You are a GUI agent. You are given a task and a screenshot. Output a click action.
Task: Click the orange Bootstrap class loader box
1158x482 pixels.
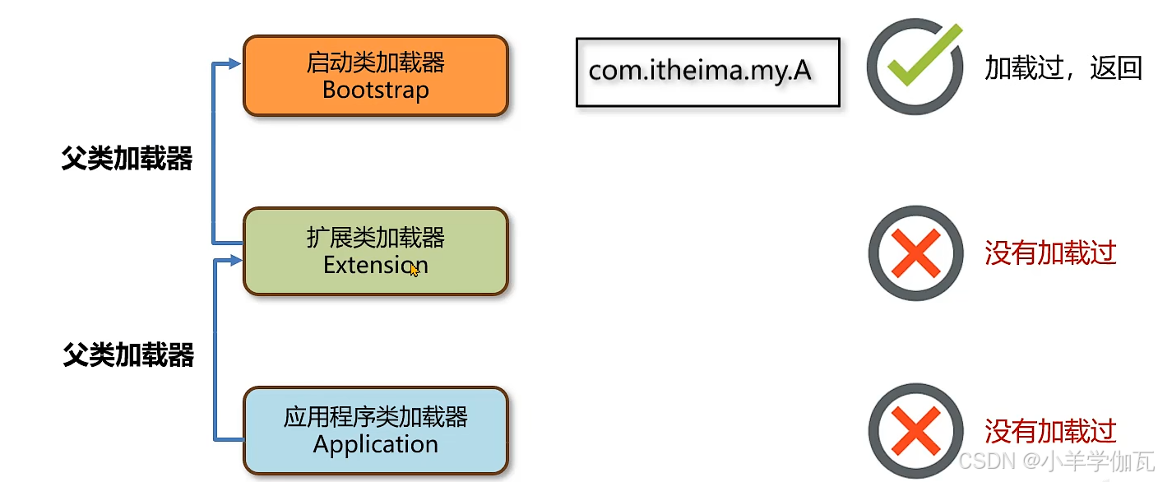pos(375,75)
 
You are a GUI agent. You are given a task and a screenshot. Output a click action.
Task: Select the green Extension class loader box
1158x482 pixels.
pos(375,251)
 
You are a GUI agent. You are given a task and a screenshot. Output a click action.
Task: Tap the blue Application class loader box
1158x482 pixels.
pos(375,430)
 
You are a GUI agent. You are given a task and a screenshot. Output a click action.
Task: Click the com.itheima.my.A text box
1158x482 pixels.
pos(707,72)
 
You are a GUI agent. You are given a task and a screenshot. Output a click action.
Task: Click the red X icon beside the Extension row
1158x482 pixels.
pos(915,253)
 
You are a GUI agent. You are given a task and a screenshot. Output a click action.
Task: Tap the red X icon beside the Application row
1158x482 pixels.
pos(915,431)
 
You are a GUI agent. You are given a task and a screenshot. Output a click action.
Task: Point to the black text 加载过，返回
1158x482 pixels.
pos(1063,68)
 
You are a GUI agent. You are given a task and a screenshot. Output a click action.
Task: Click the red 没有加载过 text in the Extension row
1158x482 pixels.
pos(1050,253)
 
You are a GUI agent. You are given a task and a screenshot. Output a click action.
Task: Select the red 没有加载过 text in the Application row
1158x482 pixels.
pos(1050,430)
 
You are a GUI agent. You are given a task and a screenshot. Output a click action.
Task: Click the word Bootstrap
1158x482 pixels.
pos(375,89)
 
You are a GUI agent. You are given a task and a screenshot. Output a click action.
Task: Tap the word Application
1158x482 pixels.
pos(375,445)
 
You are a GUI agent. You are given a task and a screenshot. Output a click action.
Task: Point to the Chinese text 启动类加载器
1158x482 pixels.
pos(375,62)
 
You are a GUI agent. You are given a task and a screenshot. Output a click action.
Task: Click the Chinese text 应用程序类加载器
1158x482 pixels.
pos(375,417)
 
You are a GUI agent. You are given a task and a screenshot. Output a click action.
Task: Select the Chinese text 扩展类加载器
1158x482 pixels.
pos(375,238)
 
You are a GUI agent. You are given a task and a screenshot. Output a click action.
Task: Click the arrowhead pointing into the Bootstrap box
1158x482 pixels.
pos(235,63)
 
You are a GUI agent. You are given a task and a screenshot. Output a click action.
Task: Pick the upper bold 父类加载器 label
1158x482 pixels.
pos(127,159)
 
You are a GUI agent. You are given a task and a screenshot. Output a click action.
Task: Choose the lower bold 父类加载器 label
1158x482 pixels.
pos(128,355)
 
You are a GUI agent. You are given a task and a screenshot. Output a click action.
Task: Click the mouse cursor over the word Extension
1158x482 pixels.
pos(414,269)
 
